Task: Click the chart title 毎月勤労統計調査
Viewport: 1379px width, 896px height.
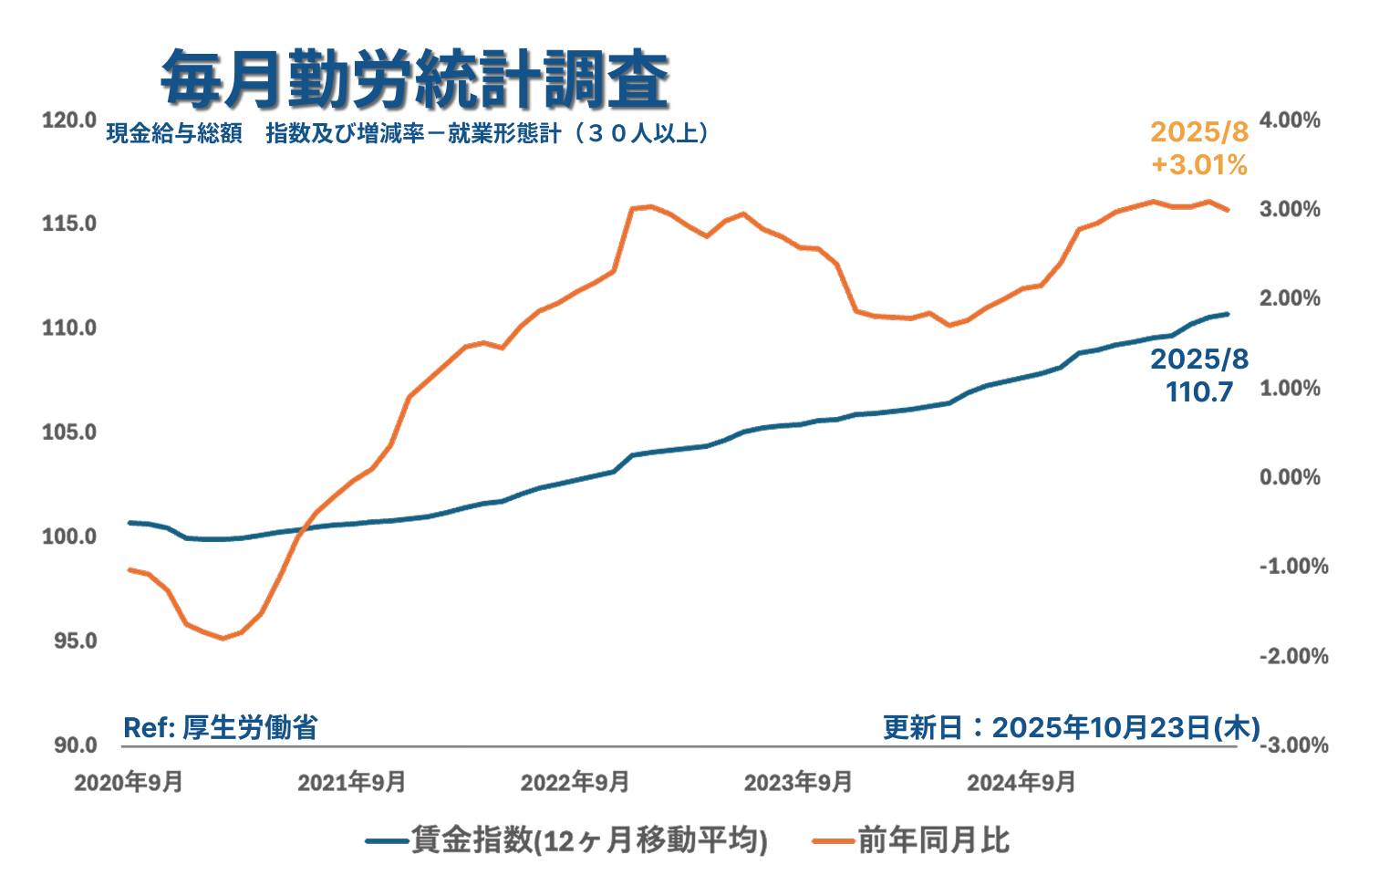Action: tap(415, 79)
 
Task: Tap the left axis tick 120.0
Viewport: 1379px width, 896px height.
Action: tap(68, 120)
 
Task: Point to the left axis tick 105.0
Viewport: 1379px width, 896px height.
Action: tap(68, 432)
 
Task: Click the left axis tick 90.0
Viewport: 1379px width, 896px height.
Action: tap(74, 745)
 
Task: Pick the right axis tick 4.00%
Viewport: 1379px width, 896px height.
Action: tap(1290, 120)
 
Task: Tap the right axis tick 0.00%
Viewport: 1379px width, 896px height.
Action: tap(1290, 477)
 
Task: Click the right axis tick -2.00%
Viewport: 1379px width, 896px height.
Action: tap(1293, 656)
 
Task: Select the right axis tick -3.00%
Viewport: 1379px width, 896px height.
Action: tap(1293, 745)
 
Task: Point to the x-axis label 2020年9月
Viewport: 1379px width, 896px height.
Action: tap(128, 783)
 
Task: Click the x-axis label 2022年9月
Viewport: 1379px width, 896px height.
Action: tap(575, 783)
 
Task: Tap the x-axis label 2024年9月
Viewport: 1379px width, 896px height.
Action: tap(1021, 783)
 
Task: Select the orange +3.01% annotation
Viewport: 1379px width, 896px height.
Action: tap(1198, 165)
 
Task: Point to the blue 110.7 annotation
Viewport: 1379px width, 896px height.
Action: tap(1198, 392)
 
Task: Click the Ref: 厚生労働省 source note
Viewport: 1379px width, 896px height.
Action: tap(220, 727)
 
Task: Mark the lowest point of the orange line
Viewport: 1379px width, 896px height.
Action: tap(223, 639)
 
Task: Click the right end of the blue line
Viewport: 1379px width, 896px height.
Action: tap(1228, 314)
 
